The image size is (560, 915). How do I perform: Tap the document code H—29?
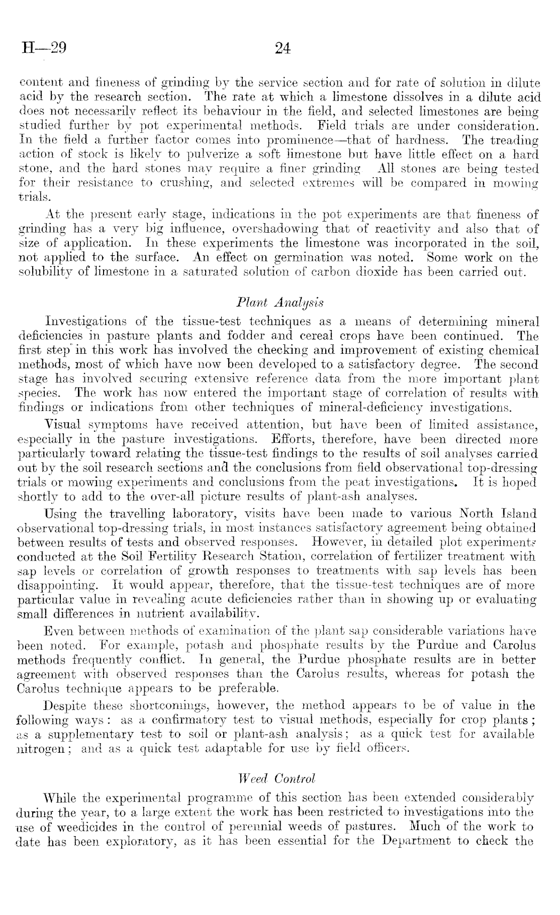coord(44,48)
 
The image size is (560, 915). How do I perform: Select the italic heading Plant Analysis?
coord(279,302)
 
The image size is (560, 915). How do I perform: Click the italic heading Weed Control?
coord(279,778)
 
